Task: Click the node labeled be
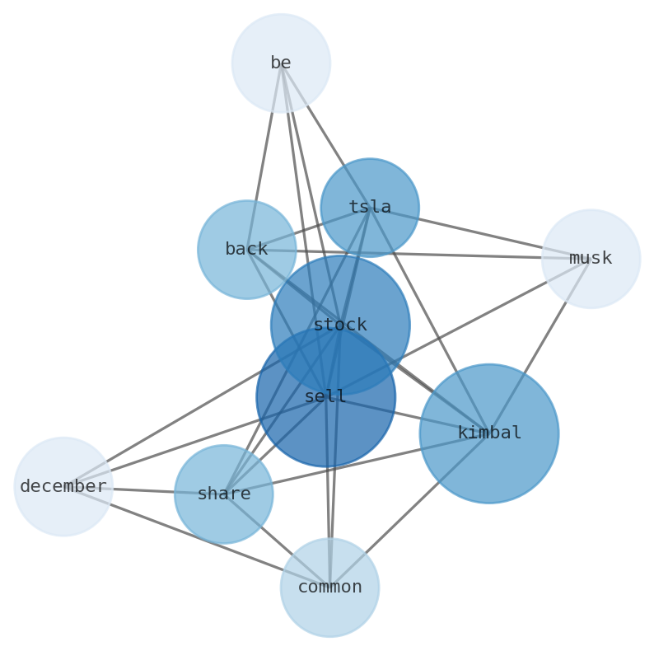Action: point(281,63)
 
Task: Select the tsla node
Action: point(369,208)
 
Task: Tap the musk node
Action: point(591,259)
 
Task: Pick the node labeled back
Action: point(246,249)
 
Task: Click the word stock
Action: point(339,325)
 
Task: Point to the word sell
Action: point(325,397)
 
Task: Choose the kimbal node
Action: point(488,433)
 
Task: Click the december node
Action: point(63,487)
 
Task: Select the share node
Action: point(223,494)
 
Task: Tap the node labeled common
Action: point(329,588)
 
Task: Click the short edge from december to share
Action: point(143,490)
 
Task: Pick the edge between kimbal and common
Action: point(409,510)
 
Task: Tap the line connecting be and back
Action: point(264,157)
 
